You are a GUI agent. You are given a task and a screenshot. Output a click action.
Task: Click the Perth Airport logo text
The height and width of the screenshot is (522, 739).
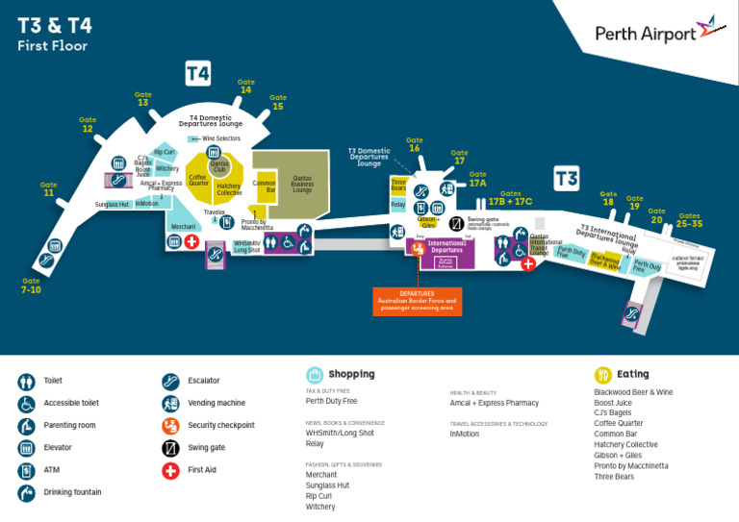(646, 34)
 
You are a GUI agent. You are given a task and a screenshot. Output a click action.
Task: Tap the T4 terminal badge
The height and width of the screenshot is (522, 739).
(198, 73)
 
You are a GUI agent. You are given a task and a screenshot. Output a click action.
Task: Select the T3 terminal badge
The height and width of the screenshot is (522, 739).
(567, 178)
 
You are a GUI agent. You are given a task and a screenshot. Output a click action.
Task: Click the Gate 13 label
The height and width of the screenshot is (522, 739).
(143, 99)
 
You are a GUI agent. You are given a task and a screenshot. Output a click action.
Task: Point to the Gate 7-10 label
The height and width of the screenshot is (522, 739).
(32, 286)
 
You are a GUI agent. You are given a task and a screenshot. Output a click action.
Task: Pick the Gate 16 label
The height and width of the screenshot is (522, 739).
(415, 145)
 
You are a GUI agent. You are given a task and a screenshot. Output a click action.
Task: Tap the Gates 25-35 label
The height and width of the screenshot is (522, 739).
(689, 220)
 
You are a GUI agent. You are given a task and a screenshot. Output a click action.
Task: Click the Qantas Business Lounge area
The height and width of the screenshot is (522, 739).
(302, 183)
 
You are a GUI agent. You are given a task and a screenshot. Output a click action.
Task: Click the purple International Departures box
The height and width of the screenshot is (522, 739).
(446, 251)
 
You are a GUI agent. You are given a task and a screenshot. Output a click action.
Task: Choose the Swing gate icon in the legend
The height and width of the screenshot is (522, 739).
(170, 448)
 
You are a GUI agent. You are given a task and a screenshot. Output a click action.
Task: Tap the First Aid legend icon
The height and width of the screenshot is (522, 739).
(170, 470)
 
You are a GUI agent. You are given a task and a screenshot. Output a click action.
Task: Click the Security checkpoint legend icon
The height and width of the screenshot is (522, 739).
(170, 425)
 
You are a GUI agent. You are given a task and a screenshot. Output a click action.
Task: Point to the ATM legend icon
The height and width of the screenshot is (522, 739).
(26, 470)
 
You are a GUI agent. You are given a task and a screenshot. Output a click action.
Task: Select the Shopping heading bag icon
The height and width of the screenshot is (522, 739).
(315, 375)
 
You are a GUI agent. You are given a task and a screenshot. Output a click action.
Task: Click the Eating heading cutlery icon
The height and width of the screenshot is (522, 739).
(603, 375)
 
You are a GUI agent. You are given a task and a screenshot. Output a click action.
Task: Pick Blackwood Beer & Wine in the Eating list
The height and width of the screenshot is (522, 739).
(633, 392)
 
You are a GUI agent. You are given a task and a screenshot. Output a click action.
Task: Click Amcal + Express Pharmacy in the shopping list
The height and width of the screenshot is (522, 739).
(495, 403)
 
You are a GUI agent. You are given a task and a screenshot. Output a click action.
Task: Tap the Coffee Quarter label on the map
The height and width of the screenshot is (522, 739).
(198, 178)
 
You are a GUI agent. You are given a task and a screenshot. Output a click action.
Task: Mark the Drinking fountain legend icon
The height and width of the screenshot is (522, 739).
(26, 493)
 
